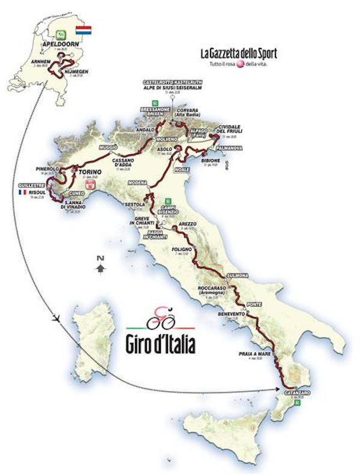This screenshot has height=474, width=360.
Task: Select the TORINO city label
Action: pos(88,171)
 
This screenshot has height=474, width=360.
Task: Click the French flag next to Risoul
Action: pos(22,193)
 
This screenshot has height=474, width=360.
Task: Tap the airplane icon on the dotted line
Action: pos(56,319)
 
